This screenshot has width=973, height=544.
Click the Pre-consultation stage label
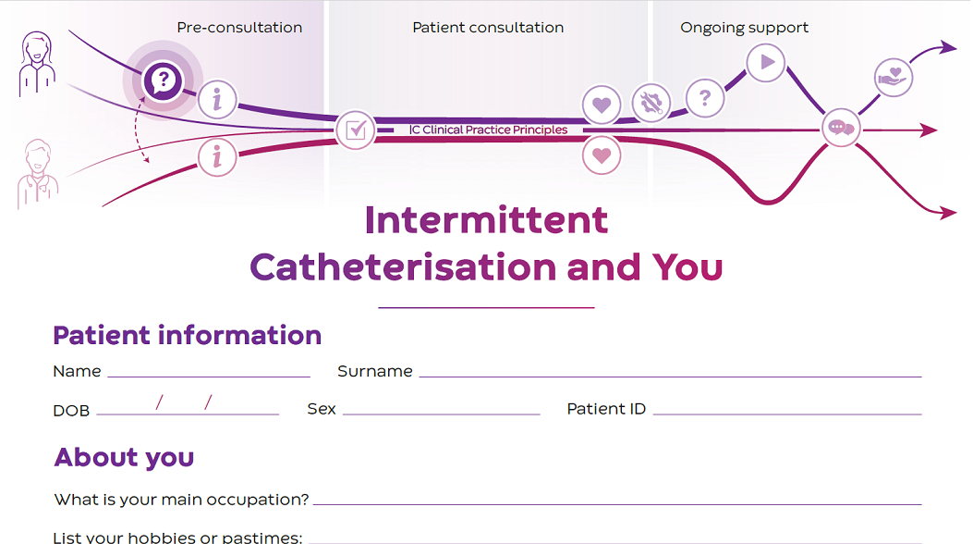pos(239,28)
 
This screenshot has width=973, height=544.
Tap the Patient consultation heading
pos(488,28)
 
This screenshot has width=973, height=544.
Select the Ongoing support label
pos(744,28)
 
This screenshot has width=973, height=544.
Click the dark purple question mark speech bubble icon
pos(163,80)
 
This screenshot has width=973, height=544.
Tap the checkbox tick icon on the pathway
pos(356,130)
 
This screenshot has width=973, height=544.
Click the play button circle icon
pos(765,63)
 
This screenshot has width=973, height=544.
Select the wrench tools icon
pos(651,103)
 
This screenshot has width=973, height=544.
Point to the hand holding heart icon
pos(893,77)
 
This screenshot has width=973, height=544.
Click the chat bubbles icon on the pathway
pos(841,129)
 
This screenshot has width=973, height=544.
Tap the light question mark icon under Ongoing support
pos(705,97)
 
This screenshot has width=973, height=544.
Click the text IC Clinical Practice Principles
pos(489,130)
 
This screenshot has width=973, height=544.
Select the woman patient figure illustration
pos(37,64)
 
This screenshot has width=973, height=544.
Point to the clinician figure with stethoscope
pos(37,173)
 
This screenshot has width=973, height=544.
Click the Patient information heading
pos(188,335)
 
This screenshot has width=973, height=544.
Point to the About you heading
pos(124,457)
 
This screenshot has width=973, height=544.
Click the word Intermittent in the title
pos(486,220)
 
